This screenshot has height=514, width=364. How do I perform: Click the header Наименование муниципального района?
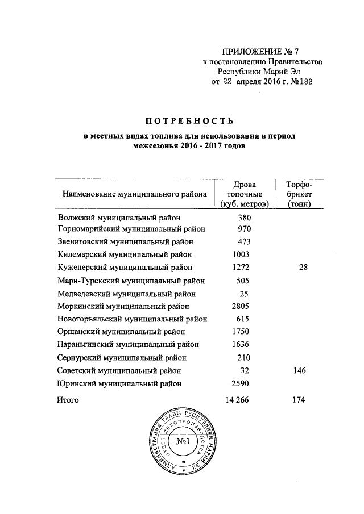pyautogui.click(x=133, y=194)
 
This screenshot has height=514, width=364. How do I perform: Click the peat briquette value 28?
pyautogui.click(x=302, y=267)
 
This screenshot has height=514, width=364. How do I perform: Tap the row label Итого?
pyautogui.click(x=68, y=400)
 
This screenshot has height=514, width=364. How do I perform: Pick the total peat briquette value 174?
pyautogui.click(x=298, y=400)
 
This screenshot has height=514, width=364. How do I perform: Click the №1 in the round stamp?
pyautogui.click(x=184, y=442)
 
